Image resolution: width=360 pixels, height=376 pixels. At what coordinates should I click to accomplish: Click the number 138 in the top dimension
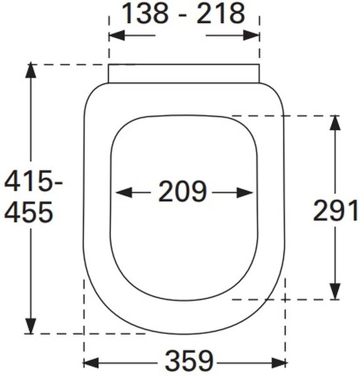[146, 13]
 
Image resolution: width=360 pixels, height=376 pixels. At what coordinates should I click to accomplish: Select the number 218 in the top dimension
[221, 13]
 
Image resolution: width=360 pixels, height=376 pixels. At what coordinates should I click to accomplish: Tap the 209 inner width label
[183, 191]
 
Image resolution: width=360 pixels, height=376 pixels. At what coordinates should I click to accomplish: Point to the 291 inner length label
[336, 211]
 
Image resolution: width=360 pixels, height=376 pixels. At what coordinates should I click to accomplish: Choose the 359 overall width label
[189, 361]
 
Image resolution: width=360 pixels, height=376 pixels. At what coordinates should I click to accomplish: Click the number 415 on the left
[28, 181]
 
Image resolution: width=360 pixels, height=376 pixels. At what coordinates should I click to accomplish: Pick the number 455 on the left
[28, 212]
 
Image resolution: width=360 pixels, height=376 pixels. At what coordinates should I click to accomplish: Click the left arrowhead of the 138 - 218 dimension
[117, 36]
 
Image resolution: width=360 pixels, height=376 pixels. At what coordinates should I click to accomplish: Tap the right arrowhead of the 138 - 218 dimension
[251, 36]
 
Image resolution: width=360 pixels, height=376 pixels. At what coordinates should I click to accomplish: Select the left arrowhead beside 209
[124, 192]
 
